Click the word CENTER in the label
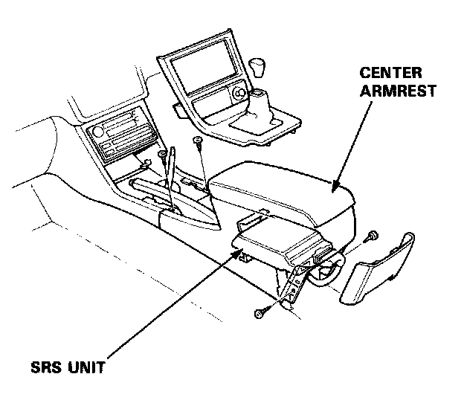390,74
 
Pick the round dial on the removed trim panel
239,94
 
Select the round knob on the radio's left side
96,134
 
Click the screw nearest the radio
162,155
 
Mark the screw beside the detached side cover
374,236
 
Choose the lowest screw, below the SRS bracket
259,316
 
